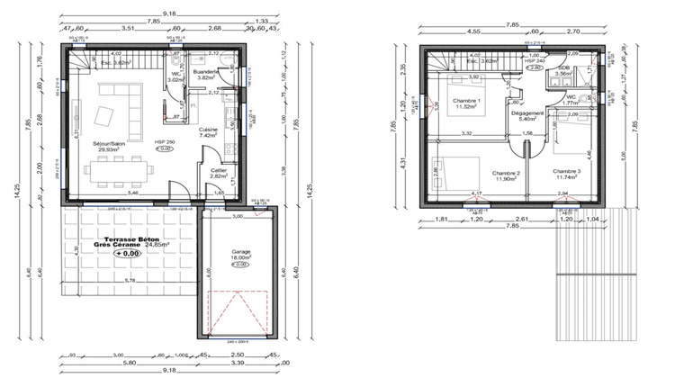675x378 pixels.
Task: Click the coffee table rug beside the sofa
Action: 104,116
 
